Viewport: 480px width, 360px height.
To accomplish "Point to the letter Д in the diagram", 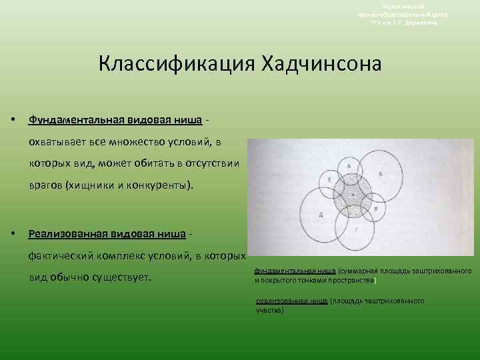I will (x=321, y=215).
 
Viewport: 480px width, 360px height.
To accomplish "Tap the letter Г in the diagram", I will (x=356, y=229).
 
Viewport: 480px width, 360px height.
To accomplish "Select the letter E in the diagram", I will (x=331, y=181).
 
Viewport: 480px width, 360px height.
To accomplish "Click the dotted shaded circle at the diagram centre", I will (x=353, y=196).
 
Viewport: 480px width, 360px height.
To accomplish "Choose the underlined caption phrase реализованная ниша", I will (x=291, y=301).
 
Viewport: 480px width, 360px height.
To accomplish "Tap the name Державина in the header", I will (x=421, y=22).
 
